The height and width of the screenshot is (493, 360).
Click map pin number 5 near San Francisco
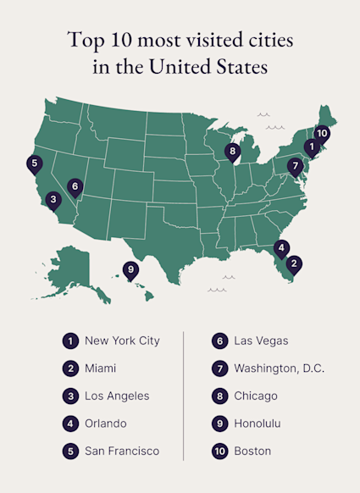pyautogui.click(x=35, y=163)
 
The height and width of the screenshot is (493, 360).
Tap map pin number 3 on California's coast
pyautogui.click(x=53, y=200)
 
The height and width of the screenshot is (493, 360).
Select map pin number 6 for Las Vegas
pyautogui.click(x=75, y=186)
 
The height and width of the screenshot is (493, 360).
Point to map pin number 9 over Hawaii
pyautogui.click(x=130, y=270)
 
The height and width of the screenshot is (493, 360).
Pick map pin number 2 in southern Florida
pyautogui.click(x=293, y=263)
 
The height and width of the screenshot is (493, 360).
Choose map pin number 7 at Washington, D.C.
pyautogui.click(x=295, y=165)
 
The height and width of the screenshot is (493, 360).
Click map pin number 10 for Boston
pyautogui.click(x=322, y=133)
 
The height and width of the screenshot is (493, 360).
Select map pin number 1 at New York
pyautogui.click(x=312, y=147)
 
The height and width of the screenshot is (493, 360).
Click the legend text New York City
pyautogui.click(x=122, y=341)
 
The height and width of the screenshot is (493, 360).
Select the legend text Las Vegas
pyautogui.click(x=262, y=341)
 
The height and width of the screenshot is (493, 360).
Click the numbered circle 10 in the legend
pyautogui.click(x=220, y=451)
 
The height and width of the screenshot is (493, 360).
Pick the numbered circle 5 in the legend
pyautogui.click(x=69, y=451)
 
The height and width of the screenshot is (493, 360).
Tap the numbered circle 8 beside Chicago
pyautogui.click(x=220, y=396)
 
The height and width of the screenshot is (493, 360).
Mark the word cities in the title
pyautogui.click(x=266, y=39)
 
